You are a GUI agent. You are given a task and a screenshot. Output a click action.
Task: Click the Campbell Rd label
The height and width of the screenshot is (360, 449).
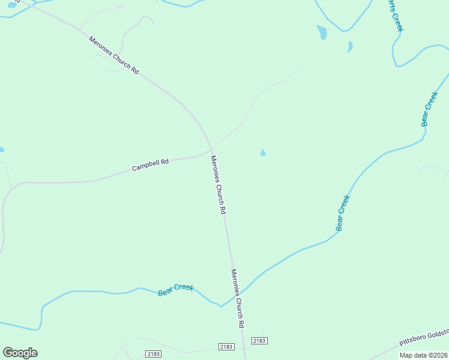coord(150,165)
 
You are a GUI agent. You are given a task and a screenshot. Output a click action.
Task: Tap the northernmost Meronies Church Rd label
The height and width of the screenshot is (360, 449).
coord(114,55)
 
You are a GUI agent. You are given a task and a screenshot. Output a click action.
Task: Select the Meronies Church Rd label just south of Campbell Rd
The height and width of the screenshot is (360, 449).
coord(218,185)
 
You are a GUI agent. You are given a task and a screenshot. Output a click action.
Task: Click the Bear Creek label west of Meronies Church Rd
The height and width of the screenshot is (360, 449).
coord(176,290)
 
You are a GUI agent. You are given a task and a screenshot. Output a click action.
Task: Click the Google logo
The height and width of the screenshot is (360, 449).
coord(20,353)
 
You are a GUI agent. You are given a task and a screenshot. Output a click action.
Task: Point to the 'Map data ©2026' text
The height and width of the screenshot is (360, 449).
coord(424,355)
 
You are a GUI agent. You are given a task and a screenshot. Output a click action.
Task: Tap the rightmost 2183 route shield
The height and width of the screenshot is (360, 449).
coord(259,341)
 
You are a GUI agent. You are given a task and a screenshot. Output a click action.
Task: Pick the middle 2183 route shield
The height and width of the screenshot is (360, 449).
coord(226,347)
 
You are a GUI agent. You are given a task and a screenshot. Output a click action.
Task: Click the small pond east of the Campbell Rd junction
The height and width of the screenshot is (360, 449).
coord(263,153)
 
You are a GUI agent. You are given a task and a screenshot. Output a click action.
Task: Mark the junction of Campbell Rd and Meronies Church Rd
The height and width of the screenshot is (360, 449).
coord(211,149)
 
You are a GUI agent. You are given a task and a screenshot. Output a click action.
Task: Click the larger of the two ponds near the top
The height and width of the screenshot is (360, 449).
coord(322,32)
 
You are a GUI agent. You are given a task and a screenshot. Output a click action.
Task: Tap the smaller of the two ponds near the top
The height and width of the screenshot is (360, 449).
coord(350,46)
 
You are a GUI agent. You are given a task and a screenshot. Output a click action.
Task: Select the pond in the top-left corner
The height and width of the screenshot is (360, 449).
coord(12,5)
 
